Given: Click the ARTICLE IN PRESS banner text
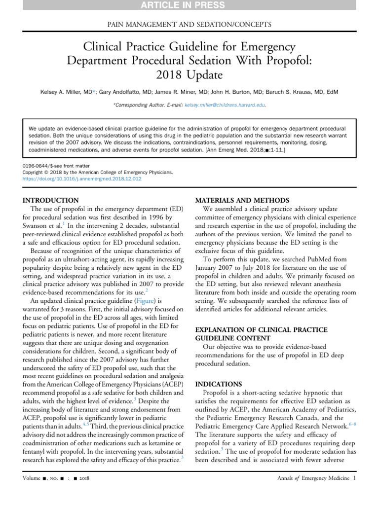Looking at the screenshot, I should pos(189,5).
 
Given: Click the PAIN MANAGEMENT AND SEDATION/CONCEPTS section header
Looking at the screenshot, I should pos(189,24).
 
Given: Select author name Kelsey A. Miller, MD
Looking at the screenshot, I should pos(65,92).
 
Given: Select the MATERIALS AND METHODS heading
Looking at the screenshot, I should pos(242,200).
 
